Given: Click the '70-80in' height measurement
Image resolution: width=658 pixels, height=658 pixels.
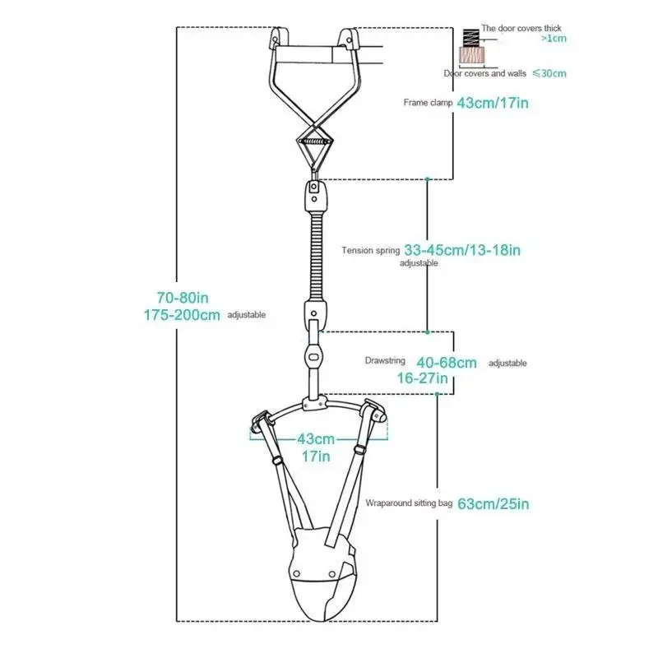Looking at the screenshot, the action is [183, 298].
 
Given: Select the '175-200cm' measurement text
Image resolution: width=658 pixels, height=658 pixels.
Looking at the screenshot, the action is [182, 315].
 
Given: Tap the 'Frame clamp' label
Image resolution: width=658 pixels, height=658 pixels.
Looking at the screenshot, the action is [428, 102].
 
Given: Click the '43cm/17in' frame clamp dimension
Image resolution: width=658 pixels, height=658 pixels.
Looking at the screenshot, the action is [493, 103].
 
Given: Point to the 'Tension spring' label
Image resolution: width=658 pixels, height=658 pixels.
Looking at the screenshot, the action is [371, 251].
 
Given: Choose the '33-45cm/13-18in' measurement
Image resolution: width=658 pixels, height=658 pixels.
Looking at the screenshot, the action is [462, 250].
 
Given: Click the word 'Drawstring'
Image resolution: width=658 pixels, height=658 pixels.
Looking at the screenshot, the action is [385, 360].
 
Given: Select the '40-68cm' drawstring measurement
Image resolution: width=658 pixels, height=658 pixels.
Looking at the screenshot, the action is [447, 363].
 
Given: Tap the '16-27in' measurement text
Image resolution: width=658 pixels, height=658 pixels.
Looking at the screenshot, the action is [422, 378].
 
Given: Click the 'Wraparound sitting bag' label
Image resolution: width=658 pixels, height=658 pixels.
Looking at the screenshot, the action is [409, 503].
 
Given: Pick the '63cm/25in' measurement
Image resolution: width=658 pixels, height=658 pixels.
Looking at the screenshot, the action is [493, 503].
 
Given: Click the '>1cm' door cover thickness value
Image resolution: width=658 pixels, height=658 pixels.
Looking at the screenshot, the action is [554, 39].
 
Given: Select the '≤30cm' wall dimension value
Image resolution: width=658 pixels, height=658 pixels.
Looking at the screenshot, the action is [549, 73].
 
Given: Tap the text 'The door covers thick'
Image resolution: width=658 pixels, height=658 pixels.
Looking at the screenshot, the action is [521, 28].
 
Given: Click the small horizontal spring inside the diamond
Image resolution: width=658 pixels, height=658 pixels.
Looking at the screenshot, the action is [315, 141].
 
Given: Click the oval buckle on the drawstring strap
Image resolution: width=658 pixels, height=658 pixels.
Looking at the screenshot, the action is [313, 357].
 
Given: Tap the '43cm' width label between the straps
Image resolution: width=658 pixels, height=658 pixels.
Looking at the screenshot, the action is [316, 439].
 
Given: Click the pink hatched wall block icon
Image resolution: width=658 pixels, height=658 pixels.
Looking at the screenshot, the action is [471, 55].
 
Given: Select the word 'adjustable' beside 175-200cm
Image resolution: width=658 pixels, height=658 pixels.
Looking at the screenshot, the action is [246, 315].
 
